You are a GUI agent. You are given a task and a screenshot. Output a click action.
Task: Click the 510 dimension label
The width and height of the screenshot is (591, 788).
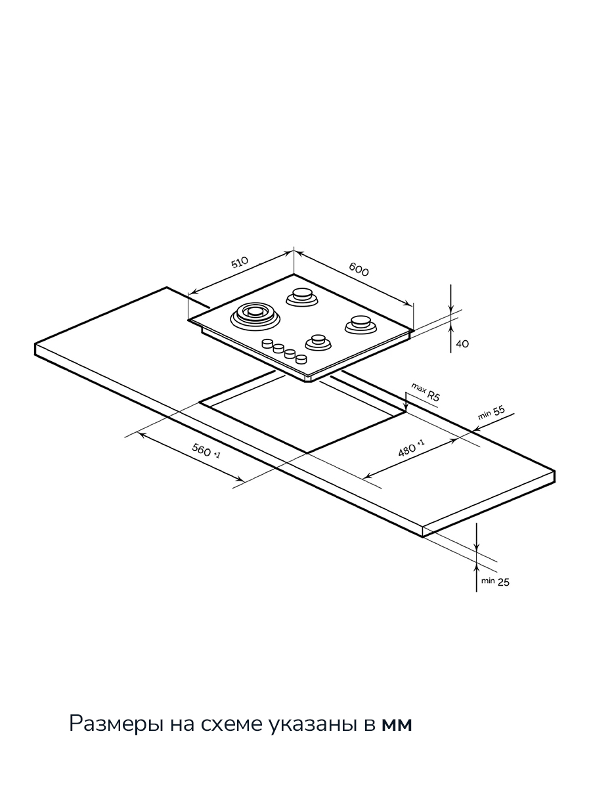pos(239,263)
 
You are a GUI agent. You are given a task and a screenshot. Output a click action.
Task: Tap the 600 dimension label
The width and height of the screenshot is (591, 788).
pos(359,270)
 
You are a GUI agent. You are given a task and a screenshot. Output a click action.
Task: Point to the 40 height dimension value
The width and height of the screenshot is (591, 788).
pos(462,343)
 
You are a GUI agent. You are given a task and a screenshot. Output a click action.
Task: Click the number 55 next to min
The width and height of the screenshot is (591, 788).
pos(499,410)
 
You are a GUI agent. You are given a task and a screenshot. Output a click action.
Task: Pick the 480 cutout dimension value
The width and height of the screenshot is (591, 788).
pos(407,450)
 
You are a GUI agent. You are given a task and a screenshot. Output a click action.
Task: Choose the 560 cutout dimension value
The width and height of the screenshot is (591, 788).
pos(202,450)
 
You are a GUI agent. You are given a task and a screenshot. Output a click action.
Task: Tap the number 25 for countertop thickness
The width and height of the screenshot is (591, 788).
pos(504,582)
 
